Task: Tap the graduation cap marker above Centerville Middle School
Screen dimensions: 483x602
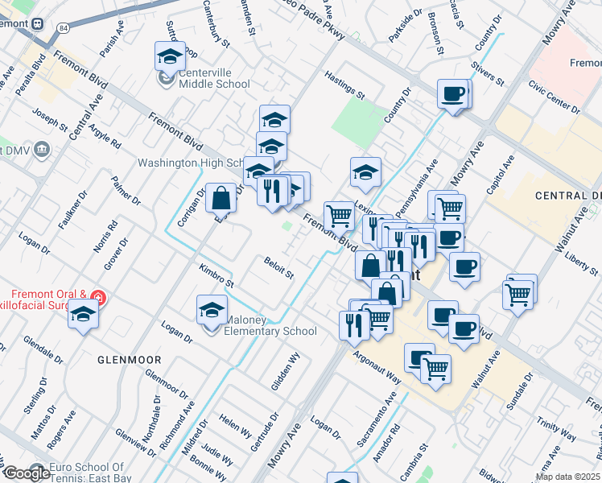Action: click(170, 56)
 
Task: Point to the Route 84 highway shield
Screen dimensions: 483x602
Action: click(63, 28)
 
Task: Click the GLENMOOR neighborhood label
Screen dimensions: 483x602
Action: click(130, 359)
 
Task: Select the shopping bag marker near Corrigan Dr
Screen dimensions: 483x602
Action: click(221, 197)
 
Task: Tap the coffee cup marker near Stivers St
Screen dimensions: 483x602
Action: click(453, 94)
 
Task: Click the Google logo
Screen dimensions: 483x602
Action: click(26, 473)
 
